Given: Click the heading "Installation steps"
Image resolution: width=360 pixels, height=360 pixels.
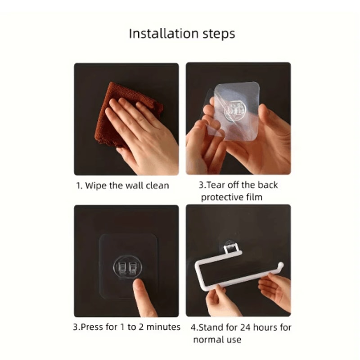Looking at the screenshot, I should click(182, 34).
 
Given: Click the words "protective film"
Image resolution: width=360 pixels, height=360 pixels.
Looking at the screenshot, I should click(231, 197).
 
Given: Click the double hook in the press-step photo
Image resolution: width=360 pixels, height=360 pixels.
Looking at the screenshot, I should click(126, 269).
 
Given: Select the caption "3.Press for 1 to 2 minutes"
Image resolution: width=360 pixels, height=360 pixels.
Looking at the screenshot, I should click(126, 327).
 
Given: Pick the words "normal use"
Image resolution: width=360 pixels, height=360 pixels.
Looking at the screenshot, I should click(218, 339).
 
